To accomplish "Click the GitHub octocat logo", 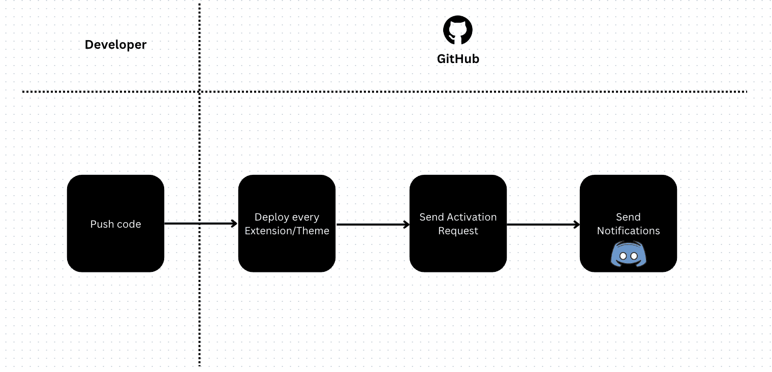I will click(457, 30).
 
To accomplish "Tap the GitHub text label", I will click(458, 59).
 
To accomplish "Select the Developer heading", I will click(115, 45).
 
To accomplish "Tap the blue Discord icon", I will click(628, 254).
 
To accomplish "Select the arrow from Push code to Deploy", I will click(201, 224).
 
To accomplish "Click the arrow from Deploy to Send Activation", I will click(373, 224).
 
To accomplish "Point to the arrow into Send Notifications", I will click(543, 224).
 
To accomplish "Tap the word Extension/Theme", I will click(287, 231).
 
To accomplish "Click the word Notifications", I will click(628, 231).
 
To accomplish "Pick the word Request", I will click(458, 231).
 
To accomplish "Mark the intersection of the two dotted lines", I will click(199, 92).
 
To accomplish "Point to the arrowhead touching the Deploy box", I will click(234, 224).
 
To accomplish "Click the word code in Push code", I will click(129, 224).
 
